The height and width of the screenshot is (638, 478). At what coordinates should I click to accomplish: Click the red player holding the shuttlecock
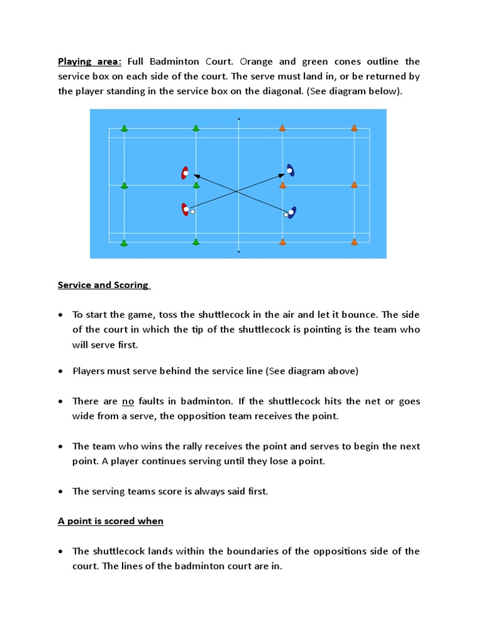pos(185,210)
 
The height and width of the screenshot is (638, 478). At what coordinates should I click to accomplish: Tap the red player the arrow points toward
pos(185,173)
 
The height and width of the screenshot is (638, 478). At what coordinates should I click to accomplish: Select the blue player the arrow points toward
pos(291,170)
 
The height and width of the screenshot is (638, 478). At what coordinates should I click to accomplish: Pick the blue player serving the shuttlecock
pos(291,212)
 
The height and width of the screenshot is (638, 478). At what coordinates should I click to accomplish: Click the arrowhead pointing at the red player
pos(196,176)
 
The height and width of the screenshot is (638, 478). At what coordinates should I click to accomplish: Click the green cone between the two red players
pos(196,185)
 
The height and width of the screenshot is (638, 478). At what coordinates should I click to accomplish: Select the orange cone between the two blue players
pos(283,185)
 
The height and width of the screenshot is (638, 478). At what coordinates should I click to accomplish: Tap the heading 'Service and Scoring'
pos(103,285)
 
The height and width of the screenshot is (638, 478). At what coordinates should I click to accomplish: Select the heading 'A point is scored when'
pos(111,521)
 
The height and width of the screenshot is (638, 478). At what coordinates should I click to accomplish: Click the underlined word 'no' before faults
pos(128,402)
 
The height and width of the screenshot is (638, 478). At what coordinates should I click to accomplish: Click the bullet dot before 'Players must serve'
pos(60,372)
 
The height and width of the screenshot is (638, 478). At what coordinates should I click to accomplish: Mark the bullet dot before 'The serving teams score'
pos(60,492)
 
